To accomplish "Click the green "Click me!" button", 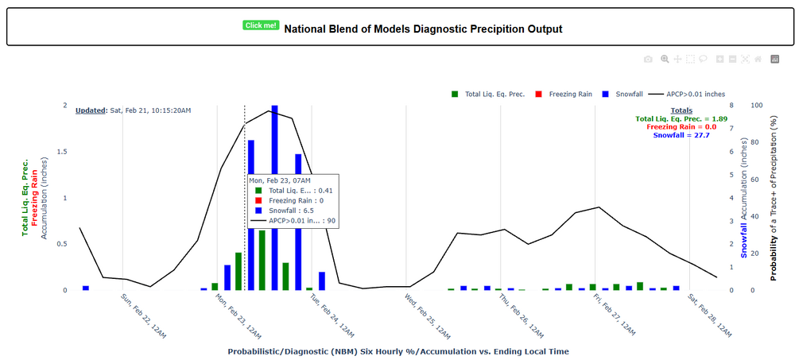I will pyautogui.click(x=261, y=25).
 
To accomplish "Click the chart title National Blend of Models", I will pyautogui.click(x=423, y=29).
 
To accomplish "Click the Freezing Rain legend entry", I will pyautogui.click(x=562, y=94).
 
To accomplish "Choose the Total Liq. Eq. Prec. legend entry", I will pyautogui.click(x=487, y=94).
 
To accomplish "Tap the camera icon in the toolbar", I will pyautogui.click(x=648, y=59).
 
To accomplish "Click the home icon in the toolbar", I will pyautogui.click(x=758, y=59).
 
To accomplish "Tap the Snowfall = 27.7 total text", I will pyautogui.click(x=681, y=136).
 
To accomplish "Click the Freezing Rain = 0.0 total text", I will pyautogui.click(x=681, y=127).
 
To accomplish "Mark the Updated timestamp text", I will pyautogui.click(x=133, y=110).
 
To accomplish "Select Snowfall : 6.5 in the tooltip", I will pyautogui.click(x=293, y=211).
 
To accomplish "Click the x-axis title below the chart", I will pyautogui.click(x=397, y=350).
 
